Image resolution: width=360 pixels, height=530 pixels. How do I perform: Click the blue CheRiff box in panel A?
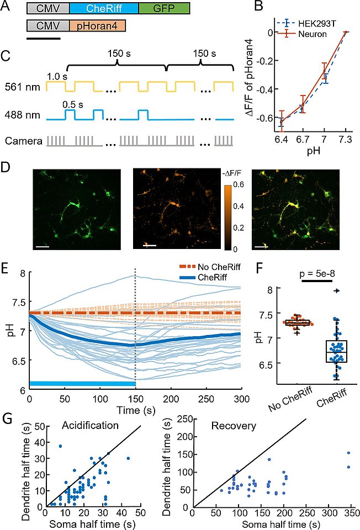click(104, 8)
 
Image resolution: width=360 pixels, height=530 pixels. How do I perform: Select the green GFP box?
click(163, 8)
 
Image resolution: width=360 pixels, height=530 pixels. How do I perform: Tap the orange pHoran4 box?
click(98, 25)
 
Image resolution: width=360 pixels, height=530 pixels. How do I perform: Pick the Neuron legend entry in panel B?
click(321, 34)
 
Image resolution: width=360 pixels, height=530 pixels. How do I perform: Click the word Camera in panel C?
click(23, 141)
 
